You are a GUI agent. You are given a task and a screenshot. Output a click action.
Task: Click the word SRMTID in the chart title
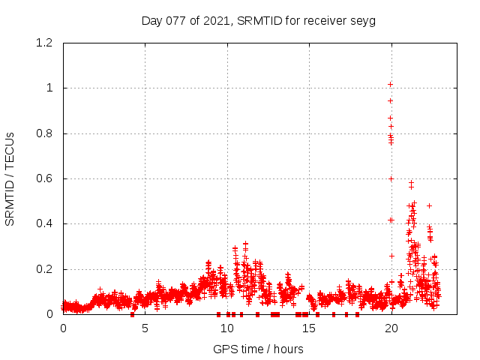click(256, 20)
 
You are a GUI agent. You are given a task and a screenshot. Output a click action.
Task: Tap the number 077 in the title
click(173, 20)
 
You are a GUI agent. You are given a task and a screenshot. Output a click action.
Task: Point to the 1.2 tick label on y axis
click(44, 43)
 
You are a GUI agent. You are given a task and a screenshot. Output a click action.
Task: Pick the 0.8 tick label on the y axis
click(44, 133)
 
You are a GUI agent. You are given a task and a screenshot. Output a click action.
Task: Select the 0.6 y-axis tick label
click(44, 178)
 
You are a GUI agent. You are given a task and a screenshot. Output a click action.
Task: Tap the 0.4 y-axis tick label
click(44, 223)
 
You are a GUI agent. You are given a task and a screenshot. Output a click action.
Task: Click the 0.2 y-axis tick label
click(44, 269)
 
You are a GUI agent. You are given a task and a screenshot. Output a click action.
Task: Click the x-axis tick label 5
click(145, 328)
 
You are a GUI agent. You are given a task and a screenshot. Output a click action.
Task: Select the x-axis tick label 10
click(227, 328)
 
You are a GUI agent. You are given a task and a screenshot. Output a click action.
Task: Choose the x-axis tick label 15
click(309, 328)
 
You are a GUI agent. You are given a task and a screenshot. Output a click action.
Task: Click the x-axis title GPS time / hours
click(258, 349)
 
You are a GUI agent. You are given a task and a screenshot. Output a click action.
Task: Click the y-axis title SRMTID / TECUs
click(10, 178)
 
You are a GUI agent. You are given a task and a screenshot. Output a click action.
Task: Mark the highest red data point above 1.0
click(390, 84)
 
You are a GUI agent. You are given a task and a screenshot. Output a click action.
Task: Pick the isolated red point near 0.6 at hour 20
click(391, 178)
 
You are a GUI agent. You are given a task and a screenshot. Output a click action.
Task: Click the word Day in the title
click(151, 20)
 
